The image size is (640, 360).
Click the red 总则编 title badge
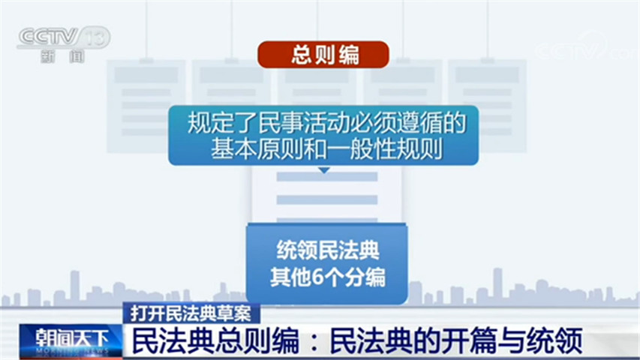(x=323, y=55)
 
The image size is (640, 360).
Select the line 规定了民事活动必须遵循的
(x=323, y=121)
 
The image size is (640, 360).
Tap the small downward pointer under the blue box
(x=323, y=170)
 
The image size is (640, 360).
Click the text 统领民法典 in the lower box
(x=327, y=252)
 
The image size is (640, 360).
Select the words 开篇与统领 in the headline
(x=518, y=341)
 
